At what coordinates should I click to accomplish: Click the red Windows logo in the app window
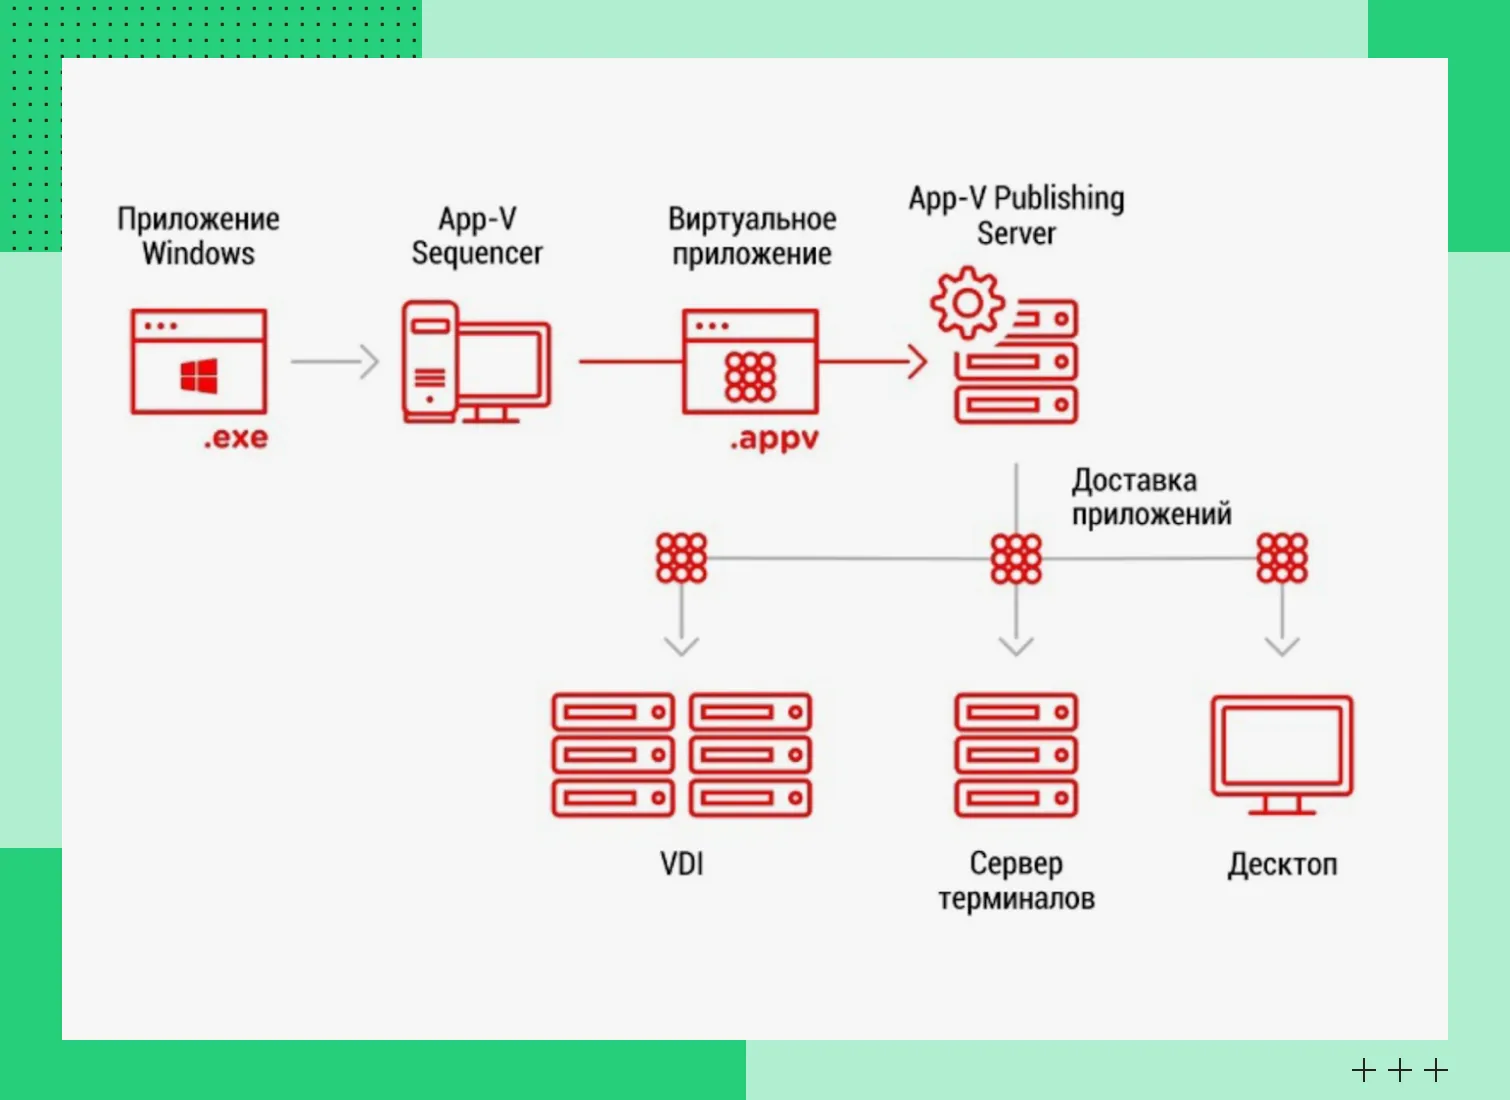[199, 376]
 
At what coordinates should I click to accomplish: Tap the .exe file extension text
[236, 438]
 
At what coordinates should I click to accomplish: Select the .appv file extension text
[774, 439]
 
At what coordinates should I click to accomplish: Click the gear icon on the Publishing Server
[967, 302]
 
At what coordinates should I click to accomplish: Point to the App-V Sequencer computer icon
[475, 362]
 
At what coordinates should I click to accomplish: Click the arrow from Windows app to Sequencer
[335, 361]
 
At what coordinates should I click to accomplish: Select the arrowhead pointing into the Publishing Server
[916, 361]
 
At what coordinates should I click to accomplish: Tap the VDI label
[682, 863]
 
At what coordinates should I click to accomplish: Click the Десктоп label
[1282, 864]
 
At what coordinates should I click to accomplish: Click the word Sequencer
[477, 254]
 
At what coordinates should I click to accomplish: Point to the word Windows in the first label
[198, 254]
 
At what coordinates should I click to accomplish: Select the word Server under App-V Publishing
[1016, 234]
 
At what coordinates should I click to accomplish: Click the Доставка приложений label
[1151, 497]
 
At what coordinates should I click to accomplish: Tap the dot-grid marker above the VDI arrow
[681, 558]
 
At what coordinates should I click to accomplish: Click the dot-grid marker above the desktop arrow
[1282, 558]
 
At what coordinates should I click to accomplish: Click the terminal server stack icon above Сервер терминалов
[1016, 754]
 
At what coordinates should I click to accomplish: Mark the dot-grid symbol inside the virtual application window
[750, 376]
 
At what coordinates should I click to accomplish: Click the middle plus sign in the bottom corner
[1400, 1071]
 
